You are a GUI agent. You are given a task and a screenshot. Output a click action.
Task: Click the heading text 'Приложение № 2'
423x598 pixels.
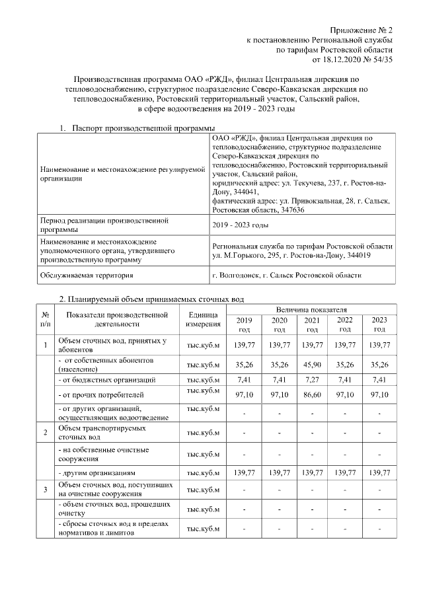[362, 30]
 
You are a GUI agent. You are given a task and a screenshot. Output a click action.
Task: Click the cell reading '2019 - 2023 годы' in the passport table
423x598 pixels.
[239, 225]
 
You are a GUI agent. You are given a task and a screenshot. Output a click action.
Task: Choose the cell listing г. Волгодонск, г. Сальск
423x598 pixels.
[286, 275]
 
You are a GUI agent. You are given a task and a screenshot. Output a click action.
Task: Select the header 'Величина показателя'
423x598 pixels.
[311, 309]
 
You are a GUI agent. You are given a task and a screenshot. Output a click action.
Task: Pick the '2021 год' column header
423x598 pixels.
[311, 324]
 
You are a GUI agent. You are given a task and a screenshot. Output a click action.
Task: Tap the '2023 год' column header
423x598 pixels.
[379, 324]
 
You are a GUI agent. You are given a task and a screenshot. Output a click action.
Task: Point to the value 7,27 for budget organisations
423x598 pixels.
[311, 380]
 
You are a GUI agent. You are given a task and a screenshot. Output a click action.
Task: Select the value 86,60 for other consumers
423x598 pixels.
[311, 394]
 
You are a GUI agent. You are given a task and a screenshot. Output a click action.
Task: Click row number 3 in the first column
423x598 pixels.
[45, 490]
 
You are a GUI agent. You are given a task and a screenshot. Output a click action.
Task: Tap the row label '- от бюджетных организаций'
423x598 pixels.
[106, 380]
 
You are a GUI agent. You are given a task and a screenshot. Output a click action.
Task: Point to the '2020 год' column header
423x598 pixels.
[279, 324]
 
